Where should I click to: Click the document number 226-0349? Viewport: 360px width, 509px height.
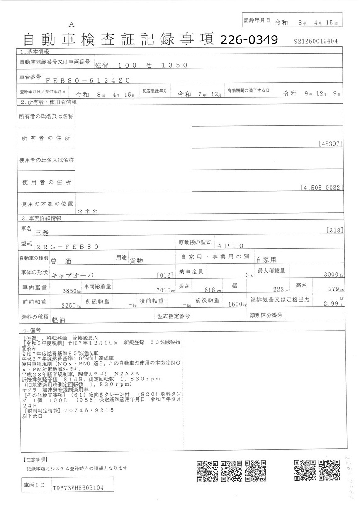point(249,39)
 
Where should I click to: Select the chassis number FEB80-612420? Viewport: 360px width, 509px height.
point(88,80)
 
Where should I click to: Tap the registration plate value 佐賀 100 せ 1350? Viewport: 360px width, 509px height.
point(141,65)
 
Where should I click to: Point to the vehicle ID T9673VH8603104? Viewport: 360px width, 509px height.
point(78,488)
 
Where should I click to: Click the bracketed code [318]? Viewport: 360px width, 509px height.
point(334,230)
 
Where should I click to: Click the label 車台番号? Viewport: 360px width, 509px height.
point(30,77)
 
